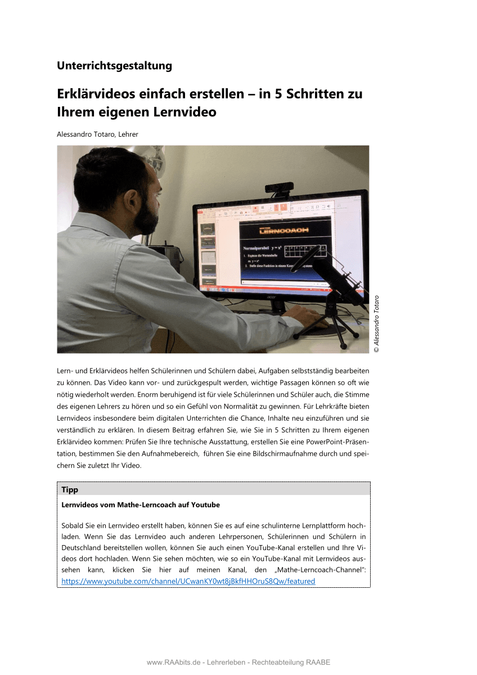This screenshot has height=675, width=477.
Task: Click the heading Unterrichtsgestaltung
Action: pyautogui.click(x=114, y=66)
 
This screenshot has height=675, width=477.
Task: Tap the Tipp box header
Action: pyautogui.click(x=70, y=489)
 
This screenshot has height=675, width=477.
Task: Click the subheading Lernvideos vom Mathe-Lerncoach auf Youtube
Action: pyautogui.click(x=141, y=505)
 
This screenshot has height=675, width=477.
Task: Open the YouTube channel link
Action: pyautogui.click(x=188, y=581)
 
